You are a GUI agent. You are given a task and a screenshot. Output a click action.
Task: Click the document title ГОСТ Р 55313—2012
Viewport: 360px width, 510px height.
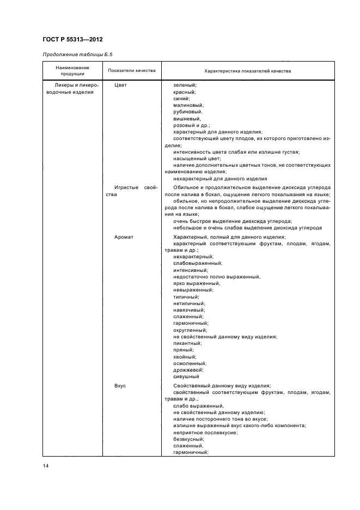72,40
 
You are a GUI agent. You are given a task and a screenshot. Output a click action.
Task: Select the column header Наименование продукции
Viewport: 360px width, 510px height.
72,71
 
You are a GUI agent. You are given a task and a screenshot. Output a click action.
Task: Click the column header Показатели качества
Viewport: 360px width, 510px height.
132,71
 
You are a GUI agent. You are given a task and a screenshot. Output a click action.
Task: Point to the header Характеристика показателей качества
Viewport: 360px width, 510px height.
247,71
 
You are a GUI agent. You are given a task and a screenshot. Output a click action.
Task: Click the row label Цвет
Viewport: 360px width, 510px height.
120,86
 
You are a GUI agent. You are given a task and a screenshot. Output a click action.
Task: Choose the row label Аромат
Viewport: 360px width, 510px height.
124,237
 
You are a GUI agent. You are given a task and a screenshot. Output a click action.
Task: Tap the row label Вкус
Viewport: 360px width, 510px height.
120,386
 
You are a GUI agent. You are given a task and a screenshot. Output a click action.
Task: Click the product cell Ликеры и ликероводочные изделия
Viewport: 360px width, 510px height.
72,89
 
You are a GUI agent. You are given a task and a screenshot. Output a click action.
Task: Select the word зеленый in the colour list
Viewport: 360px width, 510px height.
185,86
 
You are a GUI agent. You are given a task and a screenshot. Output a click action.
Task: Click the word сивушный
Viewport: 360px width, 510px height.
186,376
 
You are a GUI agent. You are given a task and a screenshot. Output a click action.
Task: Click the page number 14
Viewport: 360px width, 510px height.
45,465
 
